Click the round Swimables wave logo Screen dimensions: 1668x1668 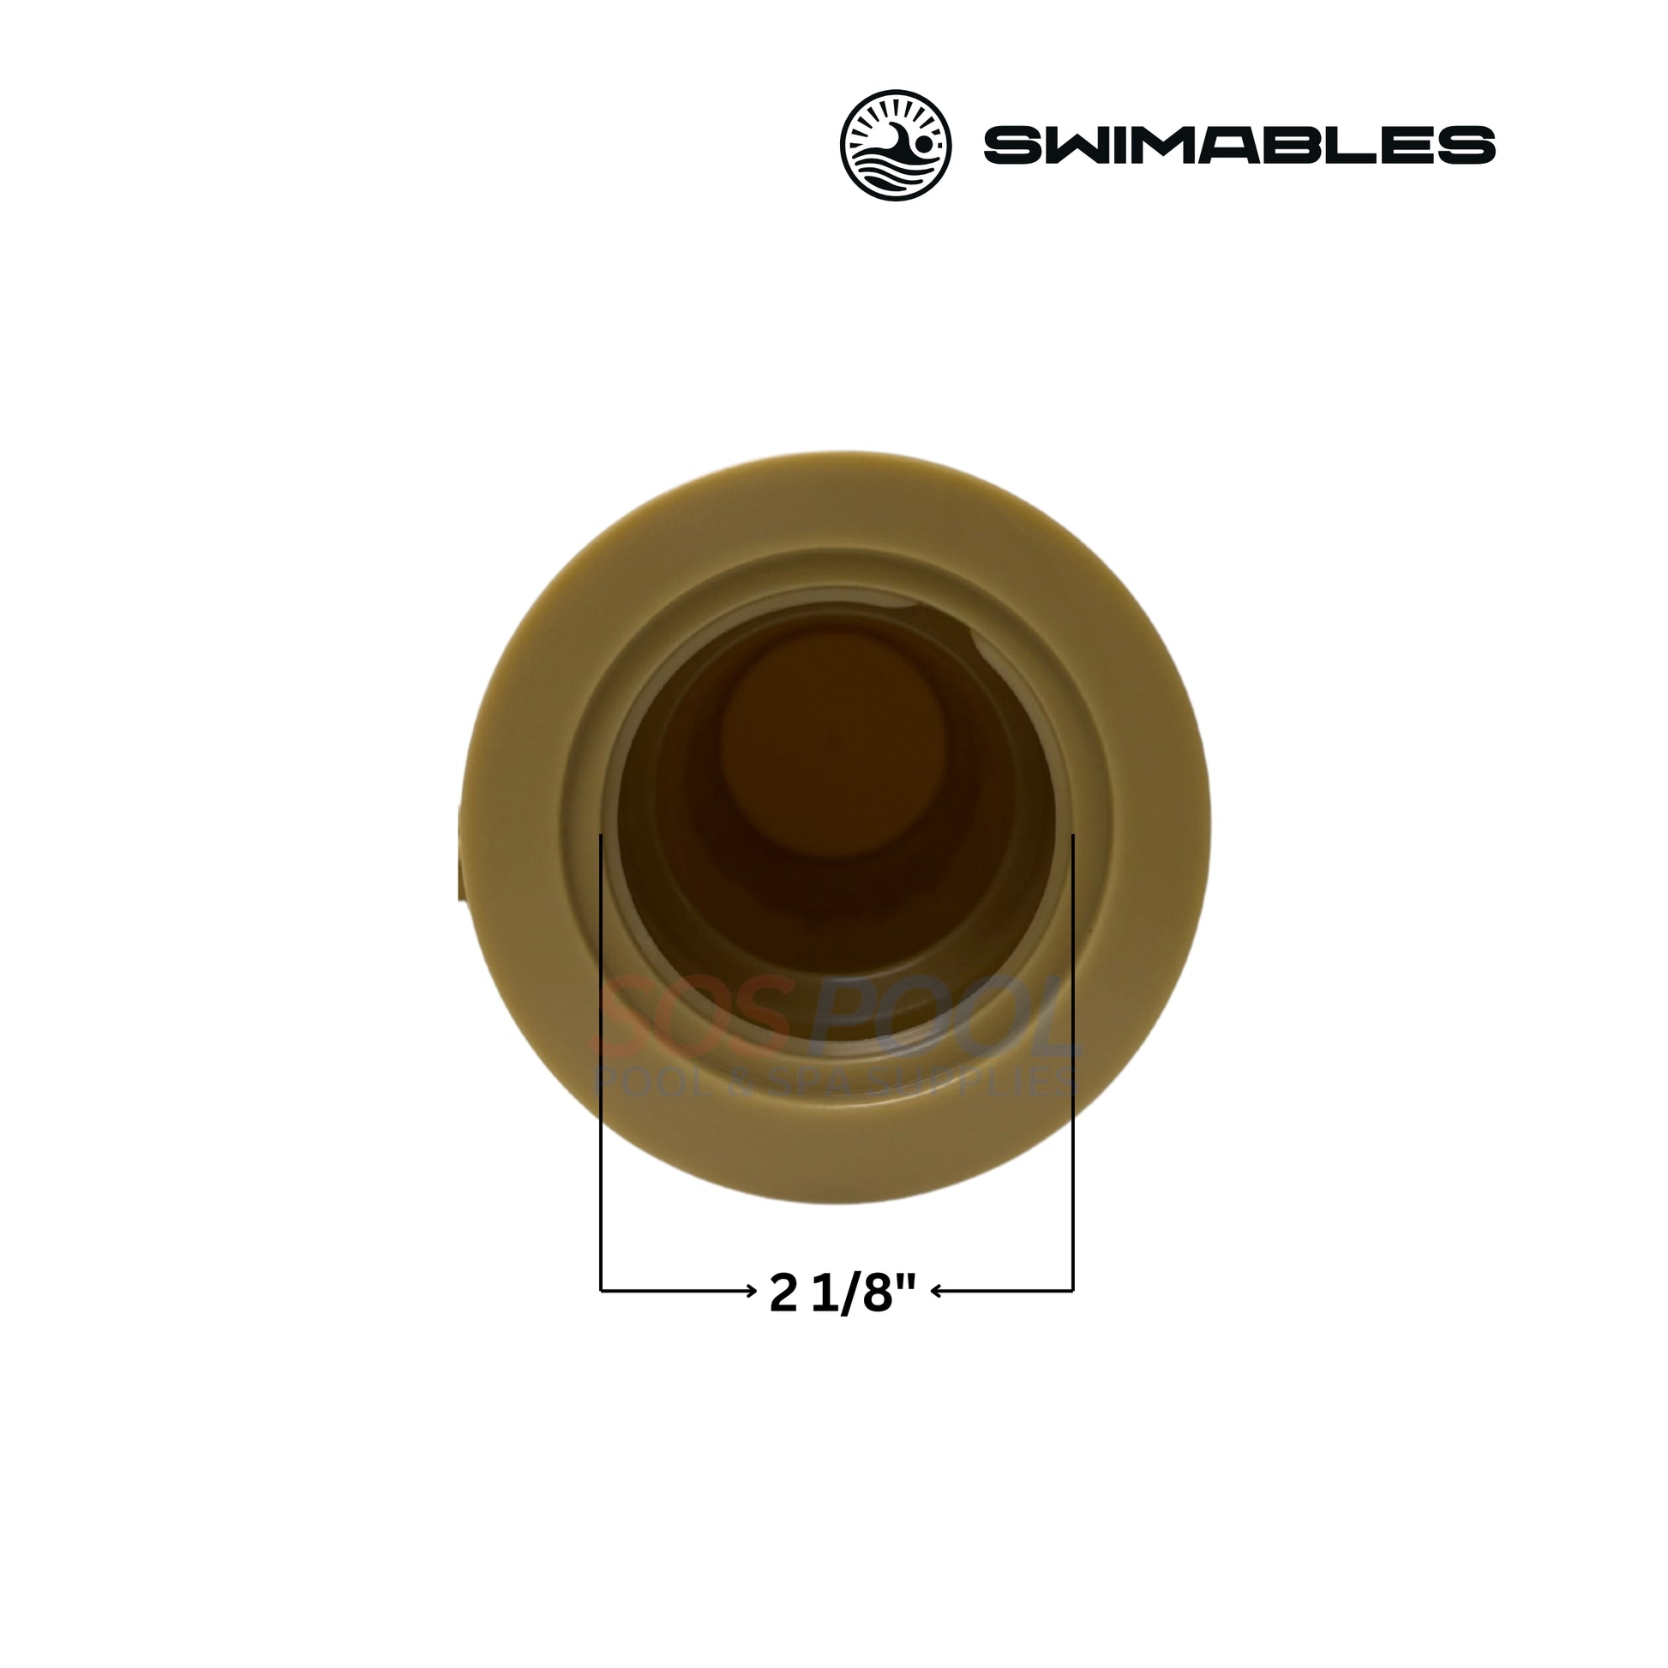897,146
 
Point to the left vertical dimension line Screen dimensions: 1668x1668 600,1074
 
